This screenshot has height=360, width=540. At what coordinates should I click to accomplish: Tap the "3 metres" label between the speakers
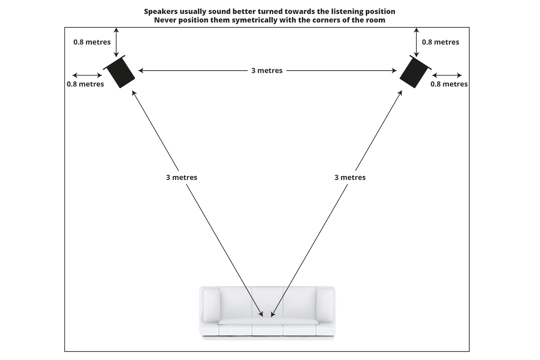[x=267, y=71]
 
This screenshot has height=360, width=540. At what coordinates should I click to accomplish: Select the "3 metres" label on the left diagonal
[x=181, y=177]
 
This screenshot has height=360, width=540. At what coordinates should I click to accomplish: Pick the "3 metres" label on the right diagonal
[x=350, y=177]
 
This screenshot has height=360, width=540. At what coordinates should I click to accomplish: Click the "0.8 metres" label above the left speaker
[x=92, y=42]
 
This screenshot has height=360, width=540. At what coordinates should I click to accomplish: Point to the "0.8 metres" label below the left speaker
[x=85, y=84]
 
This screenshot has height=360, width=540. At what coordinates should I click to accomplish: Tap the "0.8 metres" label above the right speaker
[x=441, y=42]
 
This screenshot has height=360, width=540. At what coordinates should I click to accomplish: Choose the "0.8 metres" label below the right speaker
[x=449, y=84]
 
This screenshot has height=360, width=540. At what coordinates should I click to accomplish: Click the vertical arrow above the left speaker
[x=117, y=42]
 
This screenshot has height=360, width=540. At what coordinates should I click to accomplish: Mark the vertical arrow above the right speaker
[x=417, y=42]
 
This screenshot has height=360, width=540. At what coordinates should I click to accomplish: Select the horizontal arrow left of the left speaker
[x=87, y=75]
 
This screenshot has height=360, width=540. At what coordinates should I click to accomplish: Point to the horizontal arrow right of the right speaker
[x=447, y=75]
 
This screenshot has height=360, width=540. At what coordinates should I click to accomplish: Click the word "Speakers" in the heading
[x=161, y=11]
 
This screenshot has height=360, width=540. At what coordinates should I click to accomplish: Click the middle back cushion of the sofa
[x=267, y=301]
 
